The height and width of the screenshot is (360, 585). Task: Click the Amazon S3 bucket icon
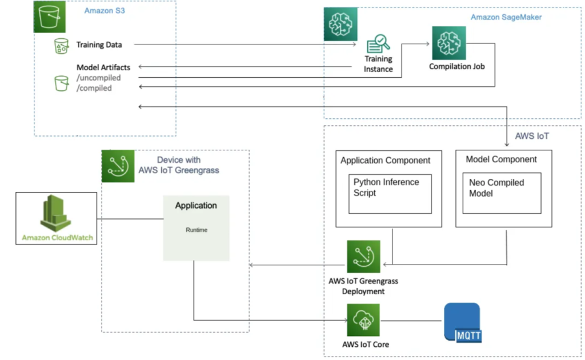(x=50, y=17)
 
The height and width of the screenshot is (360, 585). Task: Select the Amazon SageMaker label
(x=506, y=17)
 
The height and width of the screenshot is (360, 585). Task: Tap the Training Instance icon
(x=378, y=44)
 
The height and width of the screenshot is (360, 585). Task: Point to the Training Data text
(x=99, y=44)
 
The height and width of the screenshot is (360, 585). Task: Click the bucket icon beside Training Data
(x=61, y=46)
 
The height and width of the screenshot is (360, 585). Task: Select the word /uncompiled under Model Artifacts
(x=99, y=78)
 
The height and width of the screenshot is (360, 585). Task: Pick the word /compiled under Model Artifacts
(x=94, y=88)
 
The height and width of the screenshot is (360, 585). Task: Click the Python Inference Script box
(x=390, y=194)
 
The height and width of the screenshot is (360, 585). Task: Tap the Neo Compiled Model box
(x=501, y=194)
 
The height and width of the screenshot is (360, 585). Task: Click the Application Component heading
(x=386, y=161)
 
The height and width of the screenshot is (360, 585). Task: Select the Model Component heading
(x=501, y=159)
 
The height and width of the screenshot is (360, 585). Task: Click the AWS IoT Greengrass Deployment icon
(x=363, y=257)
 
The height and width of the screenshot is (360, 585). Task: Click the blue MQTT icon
(x=462, y=323)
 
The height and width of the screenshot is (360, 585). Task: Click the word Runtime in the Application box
(x=196, y=230)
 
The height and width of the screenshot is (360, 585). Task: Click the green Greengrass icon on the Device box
(x=118, y=166)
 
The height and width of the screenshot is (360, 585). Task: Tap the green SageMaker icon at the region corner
(x=340, y=24)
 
